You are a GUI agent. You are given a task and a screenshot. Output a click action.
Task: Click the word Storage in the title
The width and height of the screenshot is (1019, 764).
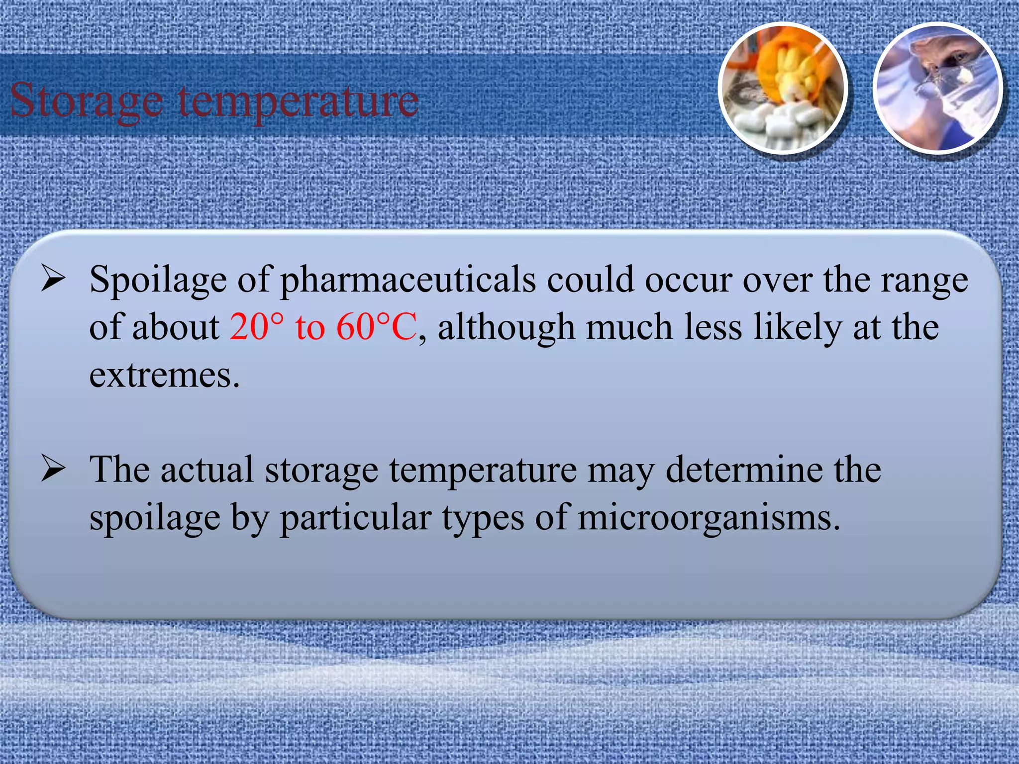click(87, 101)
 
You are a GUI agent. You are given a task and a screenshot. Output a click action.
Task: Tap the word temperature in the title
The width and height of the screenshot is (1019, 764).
click(299, 101)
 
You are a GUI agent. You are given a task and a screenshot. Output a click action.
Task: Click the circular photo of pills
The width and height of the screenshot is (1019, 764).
click(783, 89)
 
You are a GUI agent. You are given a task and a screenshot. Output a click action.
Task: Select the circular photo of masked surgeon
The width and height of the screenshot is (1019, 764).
click(938, 89)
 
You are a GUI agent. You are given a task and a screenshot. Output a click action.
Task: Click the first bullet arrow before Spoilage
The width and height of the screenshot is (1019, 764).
click(53, 279)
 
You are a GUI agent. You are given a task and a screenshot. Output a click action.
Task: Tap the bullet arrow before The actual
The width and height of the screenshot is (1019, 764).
click(53, 469)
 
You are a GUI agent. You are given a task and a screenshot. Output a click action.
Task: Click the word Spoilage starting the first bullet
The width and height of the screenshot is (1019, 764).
click(158, 280)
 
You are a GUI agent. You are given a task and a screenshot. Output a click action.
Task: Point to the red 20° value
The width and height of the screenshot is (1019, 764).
click(257, 327)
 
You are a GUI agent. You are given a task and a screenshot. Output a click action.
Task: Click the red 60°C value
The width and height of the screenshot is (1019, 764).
click(377, 327)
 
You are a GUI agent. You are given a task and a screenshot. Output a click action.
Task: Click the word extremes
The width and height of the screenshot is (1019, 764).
click(164, 375)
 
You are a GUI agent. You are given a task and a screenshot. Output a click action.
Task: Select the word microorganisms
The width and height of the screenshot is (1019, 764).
click(709, 518)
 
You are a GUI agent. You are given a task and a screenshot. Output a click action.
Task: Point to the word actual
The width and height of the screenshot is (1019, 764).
click(206, 470)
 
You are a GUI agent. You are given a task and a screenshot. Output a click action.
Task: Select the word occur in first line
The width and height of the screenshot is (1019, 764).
click(688, 280)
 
